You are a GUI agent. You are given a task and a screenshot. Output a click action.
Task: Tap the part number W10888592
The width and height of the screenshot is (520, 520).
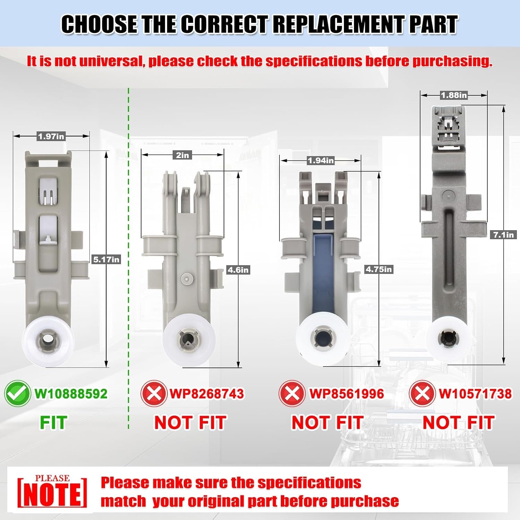coord(71,394)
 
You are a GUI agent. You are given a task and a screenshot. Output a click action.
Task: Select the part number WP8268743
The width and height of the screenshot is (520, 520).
coord(207,394)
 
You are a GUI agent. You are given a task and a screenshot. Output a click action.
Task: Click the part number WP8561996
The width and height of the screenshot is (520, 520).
coord(347,394)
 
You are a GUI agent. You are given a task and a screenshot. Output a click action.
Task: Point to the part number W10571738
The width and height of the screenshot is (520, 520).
coord(475,394)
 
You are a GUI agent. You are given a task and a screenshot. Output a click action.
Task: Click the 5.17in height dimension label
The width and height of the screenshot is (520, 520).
coord(106,259)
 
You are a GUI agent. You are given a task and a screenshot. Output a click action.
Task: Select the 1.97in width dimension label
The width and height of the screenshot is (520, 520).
coord(51,137)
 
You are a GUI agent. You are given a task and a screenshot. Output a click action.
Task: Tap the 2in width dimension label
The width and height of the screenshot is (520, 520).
coord(183,155)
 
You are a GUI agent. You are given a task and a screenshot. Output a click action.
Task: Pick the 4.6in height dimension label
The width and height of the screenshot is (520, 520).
coord(238,270)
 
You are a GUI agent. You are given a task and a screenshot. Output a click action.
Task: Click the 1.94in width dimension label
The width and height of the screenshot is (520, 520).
coord(321,161)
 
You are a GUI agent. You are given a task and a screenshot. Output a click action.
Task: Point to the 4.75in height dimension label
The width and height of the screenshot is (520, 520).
coord(379,269)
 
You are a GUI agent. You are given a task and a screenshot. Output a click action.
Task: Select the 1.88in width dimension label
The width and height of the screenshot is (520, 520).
coord(454,95)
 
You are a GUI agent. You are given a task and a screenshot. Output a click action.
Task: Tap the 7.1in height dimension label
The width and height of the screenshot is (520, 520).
coord(504,235)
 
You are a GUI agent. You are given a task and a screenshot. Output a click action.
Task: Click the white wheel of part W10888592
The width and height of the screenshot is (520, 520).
coord(48,342)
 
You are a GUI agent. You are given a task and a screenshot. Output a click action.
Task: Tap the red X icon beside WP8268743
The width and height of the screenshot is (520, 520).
coord(154,393)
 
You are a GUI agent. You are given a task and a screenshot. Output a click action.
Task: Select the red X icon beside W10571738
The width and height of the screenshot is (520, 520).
coord(422,393)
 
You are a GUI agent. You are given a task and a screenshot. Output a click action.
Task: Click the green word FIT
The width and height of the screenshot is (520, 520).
coord(53,423)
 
